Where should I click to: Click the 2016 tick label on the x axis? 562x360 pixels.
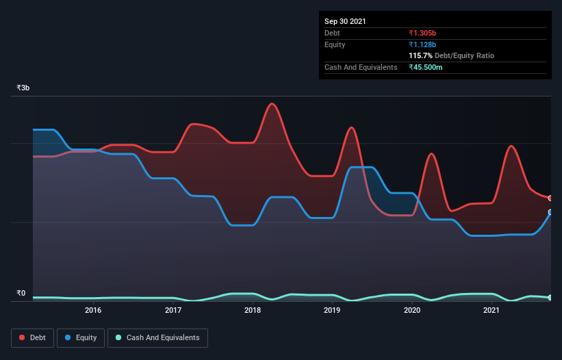(x=93, y=310)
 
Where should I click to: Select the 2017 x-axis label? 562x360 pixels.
(x=173, y=310)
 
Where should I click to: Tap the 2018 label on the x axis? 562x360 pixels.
(x=253, y=310)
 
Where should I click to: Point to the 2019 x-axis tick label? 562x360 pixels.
(x=332, y=310)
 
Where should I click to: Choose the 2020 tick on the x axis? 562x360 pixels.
(x=412, y=310)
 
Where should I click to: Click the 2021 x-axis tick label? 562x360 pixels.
(x=491, y=310)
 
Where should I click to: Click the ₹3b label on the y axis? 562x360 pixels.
(x=23, y=88)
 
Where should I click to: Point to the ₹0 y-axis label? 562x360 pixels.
(x=21, y=294)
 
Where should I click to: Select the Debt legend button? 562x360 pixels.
(x=33, y=337)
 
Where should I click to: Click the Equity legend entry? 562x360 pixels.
(x=81, y=337)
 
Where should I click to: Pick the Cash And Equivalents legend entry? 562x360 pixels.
(x=157, y=337)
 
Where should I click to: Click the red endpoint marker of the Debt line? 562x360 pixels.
(x=550, y=198)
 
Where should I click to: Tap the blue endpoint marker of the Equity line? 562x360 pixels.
(x=550, y=212)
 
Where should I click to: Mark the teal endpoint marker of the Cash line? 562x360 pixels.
(x=550, y=298)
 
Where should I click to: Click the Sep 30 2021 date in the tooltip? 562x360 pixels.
(x=345, y=21)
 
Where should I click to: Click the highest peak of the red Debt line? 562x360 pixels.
(x=272, y=103)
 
